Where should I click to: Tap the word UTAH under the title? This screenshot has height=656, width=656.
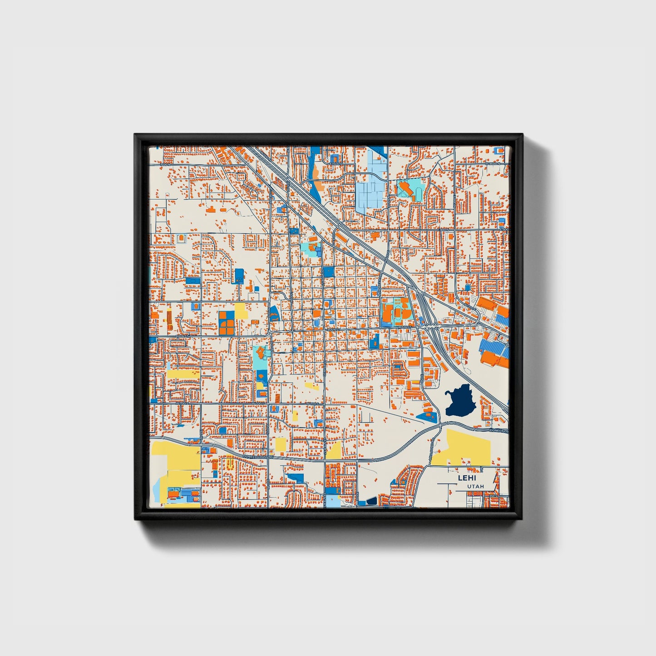475,487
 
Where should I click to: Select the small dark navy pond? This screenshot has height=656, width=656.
371,501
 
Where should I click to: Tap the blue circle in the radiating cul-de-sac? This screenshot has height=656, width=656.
468,287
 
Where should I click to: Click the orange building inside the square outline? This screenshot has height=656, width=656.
182,237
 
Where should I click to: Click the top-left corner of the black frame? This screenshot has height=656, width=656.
136,135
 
